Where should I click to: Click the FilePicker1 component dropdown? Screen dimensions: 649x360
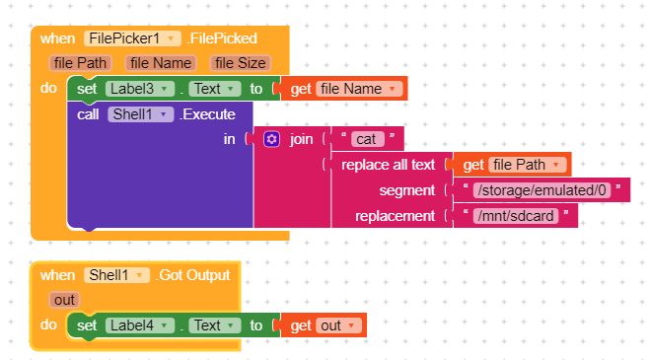pos(132,38)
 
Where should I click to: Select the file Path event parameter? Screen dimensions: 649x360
pos(80,63)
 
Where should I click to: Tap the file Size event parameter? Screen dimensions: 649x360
pos(241,63)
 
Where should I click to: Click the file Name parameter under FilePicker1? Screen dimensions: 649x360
pos(161,63)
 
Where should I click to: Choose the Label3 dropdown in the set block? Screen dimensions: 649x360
pos(140,89)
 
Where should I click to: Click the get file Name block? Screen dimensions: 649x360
pos(343,89)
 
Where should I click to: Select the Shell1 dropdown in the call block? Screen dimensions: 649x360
pos(140,114)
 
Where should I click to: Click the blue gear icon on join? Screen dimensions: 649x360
pos(271,139)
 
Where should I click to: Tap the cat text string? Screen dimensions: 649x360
pos(367,139)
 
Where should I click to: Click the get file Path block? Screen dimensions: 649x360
pos(512,165)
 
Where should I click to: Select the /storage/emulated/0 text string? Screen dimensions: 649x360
pos(541,190)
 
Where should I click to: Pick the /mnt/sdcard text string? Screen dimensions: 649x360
pos(516,216)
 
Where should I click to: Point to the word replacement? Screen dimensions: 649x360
pos(395,216)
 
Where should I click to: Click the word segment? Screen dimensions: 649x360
pos(407,190)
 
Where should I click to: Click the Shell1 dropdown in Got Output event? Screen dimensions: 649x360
pos(116,275)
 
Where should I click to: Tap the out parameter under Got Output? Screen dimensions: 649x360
pos(64,300)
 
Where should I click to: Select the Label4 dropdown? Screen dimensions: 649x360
pos(140,325)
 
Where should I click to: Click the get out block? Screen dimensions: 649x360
pos(324,325)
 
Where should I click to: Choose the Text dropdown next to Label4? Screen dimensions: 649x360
pos(215,325)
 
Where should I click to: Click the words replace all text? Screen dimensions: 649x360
pos(388,165)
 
